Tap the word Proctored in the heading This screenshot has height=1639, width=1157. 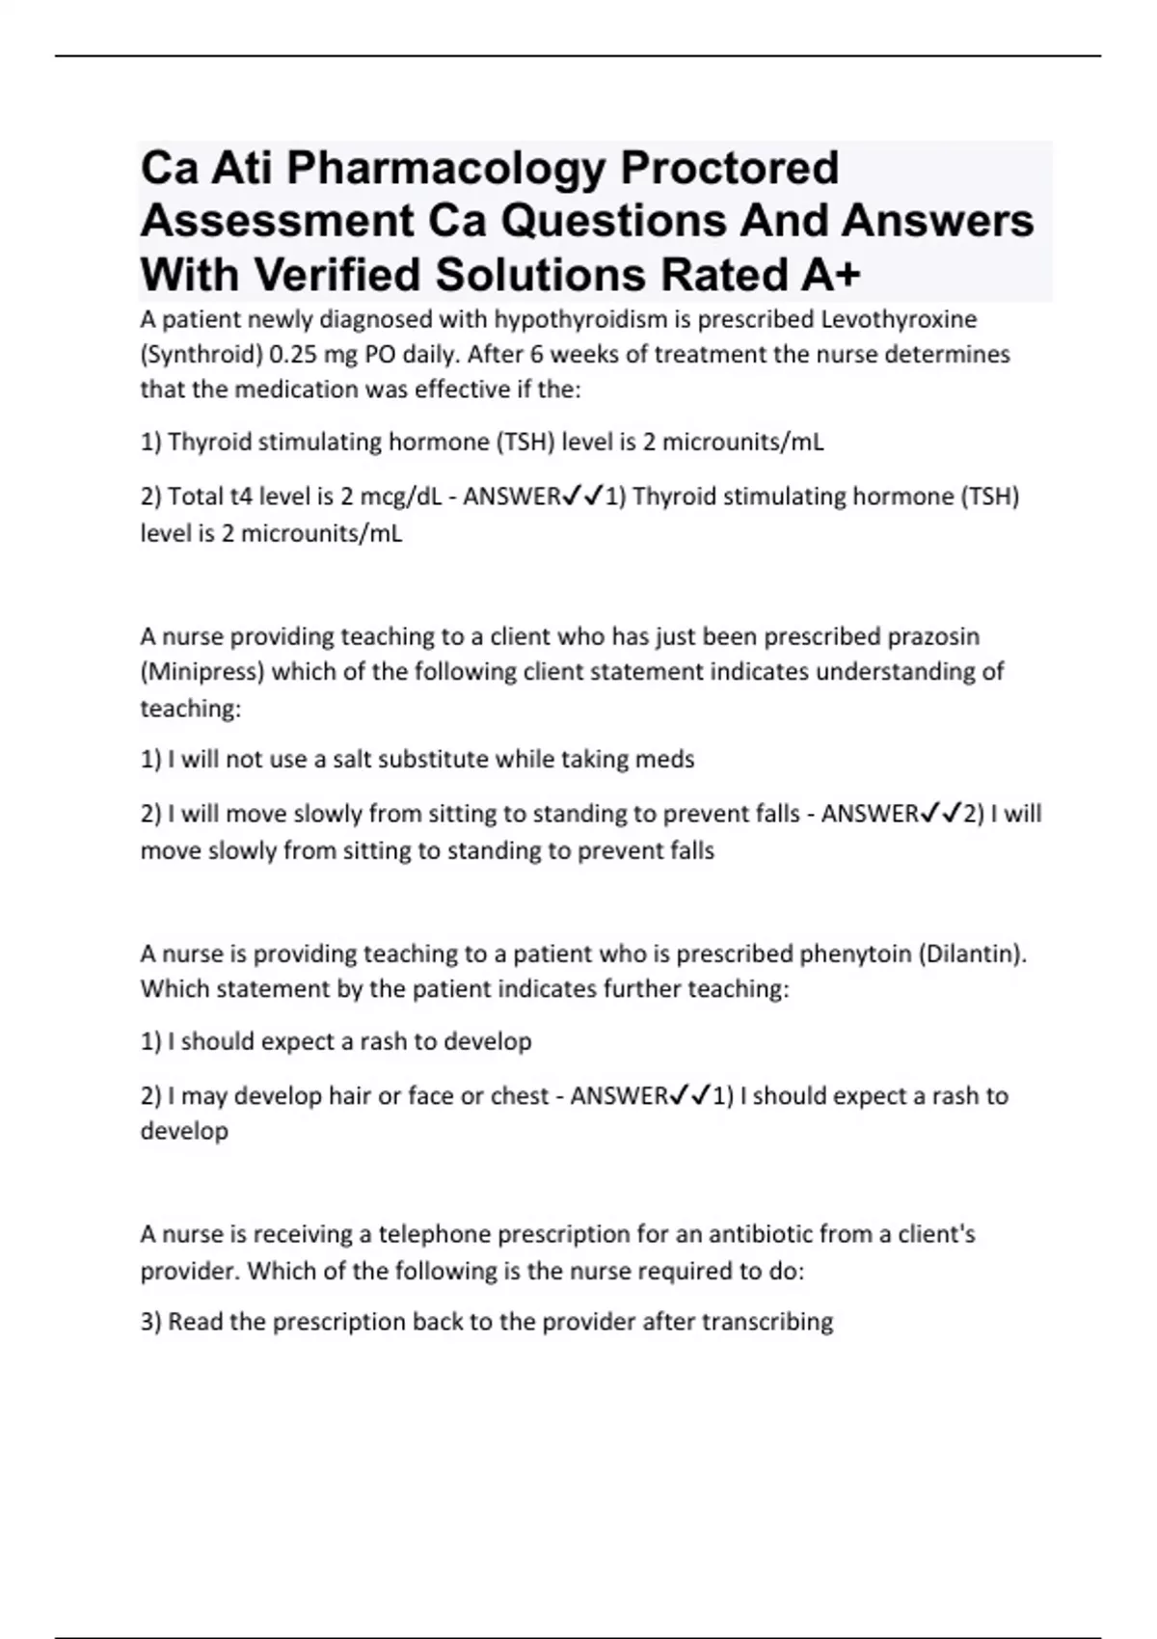[x=729, y=168]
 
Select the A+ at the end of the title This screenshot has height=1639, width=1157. [x=830, y=275]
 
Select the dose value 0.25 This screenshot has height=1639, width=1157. [x=293, y=355]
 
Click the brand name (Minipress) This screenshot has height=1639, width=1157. [x=202, y=672]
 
